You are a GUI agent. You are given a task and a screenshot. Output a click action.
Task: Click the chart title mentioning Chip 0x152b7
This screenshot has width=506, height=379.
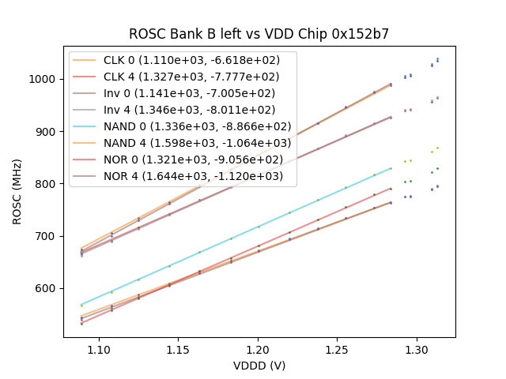coord(259,34)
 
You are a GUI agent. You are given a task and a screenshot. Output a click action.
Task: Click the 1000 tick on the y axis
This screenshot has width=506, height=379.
coord(43,79)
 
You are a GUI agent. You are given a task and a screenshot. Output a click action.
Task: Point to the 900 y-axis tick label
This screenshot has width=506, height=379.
coord(46,131)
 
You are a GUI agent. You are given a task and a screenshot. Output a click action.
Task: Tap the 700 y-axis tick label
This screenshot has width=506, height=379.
coord(46,236)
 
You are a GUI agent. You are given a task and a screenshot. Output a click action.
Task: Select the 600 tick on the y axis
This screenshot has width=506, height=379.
coord(46,288)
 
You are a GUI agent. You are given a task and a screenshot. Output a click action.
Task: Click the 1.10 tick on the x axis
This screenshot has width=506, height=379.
coord(98,348)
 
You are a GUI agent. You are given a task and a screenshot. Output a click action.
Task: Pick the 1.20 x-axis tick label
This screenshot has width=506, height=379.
coord(258,348)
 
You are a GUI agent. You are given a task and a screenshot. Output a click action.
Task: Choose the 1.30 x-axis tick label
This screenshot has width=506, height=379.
coord(417,348)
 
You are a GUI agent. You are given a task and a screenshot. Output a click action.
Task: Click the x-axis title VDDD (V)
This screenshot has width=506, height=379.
coord(259,366)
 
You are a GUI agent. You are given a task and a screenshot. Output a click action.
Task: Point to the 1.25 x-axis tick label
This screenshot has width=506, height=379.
coord(338,348)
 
